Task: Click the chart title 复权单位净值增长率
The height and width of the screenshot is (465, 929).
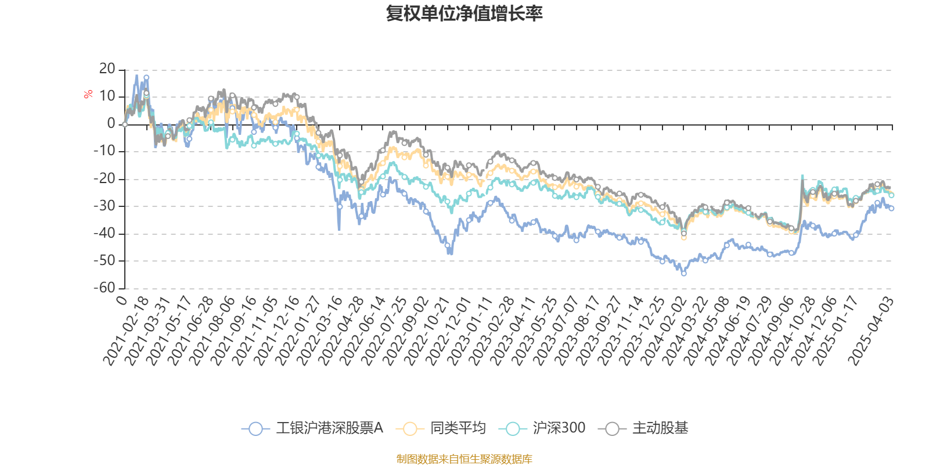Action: pos(464,13)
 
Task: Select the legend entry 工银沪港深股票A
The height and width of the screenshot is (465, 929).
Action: pos(312,428)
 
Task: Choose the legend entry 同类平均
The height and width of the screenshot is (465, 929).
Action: pos(441,428)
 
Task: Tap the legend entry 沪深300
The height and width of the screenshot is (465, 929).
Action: pos(542,428)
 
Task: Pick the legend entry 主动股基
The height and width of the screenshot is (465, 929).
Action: pos(643,428)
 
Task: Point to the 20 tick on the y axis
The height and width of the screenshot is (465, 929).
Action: pos(107,69)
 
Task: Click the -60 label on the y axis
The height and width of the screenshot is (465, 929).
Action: pos(105,288)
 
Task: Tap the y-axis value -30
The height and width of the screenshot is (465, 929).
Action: pos(105,206)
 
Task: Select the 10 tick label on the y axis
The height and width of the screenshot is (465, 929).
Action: pos(107,96)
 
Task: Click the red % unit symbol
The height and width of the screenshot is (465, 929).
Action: pos(88,94)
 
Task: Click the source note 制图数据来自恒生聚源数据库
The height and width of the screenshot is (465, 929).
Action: pos(464,459)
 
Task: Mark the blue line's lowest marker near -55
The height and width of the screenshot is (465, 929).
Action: pos(684,273)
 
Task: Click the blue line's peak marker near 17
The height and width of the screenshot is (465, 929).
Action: pos(146,78)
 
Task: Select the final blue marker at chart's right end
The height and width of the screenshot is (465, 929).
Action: pos(891,209)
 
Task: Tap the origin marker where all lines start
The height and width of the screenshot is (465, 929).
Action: pos(125,124)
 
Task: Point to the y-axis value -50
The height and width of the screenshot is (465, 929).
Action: pos(105,261)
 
